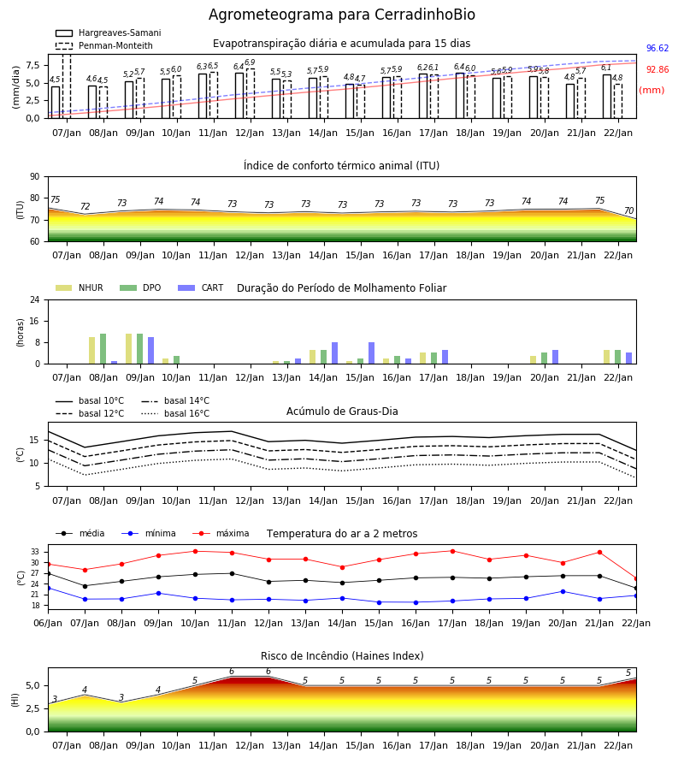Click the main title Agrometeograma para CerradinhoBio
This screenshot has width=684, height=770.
coord(341,15)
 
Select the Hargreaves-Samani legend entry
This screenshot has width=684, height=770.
coord(109,33)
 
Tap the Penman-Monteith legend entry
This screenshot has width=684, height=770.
coord(104,45)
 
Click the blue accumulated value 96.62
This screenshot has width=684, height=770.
coord(657,48)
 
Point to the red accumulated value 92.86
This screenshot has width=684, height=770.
coord(657,70)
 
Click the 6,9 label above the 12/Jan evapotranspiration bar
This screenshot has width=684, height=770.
coord(250,62)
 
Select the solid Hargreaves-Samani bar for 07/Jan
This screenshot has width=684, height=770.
coord(56,103)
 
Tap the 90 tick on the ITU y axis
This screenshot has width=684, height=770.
coord(35,177)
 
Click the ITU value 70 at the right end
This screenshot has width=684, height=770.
coord(628,210)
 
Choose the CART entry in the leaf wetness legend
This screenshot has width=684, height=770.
coord(201,287)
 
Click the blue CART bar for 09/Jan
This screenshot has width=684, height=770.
coord(151,351)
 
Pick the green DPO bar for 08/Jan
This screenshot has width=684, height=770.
coord(103,349)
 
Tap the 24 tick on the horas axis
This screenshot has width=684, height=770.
coord(35,299)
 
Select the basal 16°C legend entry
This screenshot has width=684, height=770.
coord(175,413)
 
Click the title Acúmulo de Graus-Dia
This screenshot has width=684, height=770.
coord(342,412)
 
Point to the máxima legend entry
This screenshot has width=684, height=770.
coord(221,533)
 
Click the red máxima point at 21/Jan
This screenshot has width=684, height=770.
coord(599,553)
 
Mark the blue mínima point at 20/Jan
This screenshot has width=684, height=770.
coord(563,592)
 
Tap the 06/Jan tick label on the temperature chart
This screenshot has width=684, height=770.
coord(48,623)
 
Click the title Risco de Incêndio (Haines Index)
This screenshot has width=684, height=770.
coord(342,656)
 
